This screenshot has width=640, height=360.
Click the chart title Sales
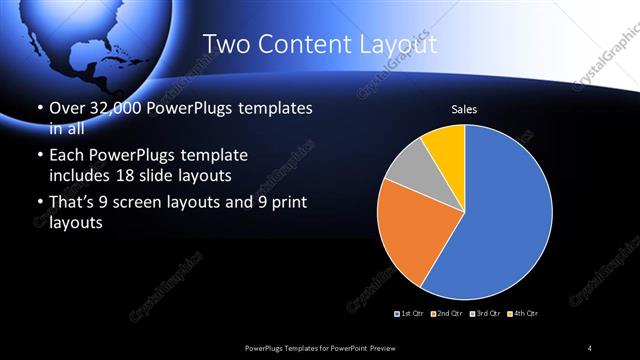click(x=464, y=108)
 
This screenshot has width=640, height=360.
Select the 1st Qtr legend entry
click(x=411, y=314)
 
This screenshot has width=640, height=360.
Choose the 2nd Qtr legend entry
click(x=447, y=314)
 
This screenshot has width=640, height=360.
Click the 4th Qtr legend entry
click(x=521, y=314)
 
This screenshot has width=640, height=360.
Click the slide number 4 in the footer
click(x=590, y=347)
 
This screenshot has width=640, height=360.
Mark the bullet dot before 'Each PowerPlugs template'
click(x=39, y=157)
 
